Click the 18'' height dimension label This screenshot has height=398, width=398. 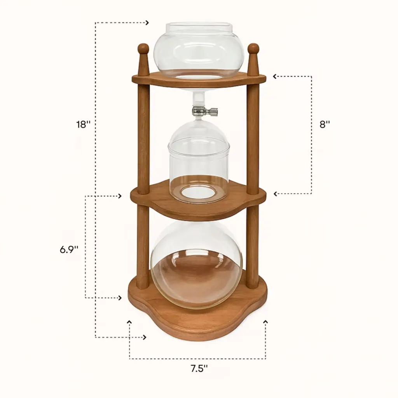pyautogui.click(x=84, y=124)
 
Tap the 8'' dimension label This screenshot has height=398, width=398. pyautogui.click(x=325, y=124)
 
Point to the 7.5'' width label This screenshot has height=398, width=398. pyautogui.click(x=199, y=368)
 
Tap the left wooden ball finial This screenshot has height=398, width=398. pyautogui.click(x=143, y=48)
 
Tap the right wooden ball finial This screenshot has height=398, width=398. pyautogui.click(x=253, y=48)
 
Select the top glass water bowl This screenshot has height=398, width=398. pyautogui.click(x=199, y=51)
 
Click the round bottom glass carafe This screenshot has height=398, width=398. pyautogui.click(x=196, y=264)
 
